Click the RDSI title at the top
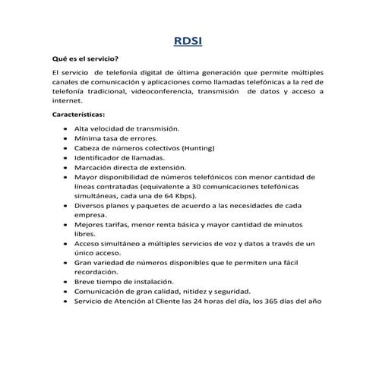(x=188, y=42)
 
